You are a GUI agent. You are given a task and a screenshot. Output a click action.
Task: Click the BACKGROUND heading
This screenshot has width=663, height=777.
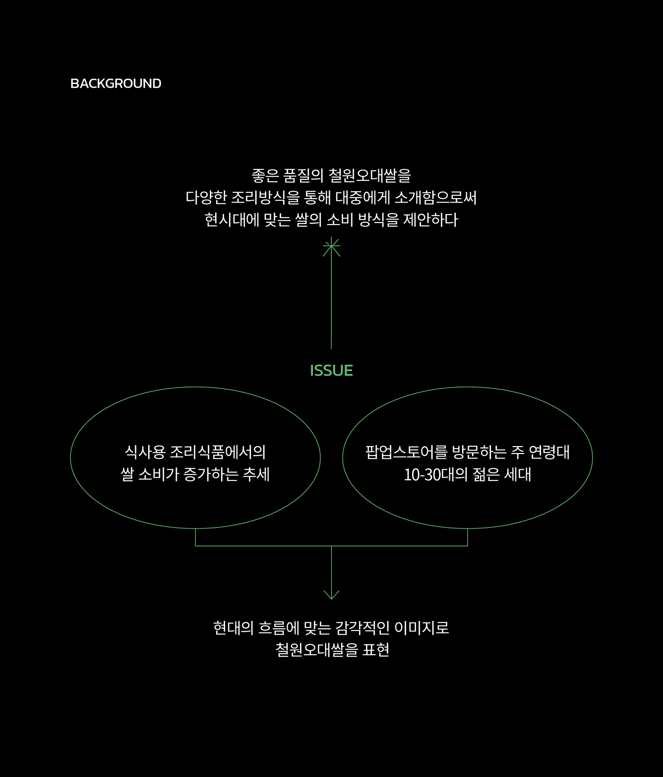[x=116, y=84]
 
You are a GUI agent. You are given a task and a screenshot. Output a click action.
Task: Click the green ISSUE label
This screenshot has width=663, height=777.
[x=331, y=370]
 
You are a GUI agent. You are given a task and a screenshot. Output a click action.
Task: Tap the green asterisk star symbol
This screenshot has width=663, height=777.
[x=331, y=246]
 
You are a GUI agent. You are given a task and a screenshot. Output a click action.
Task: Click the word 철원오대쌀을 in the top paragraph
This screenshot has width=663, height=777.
[x=370, y=176]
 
